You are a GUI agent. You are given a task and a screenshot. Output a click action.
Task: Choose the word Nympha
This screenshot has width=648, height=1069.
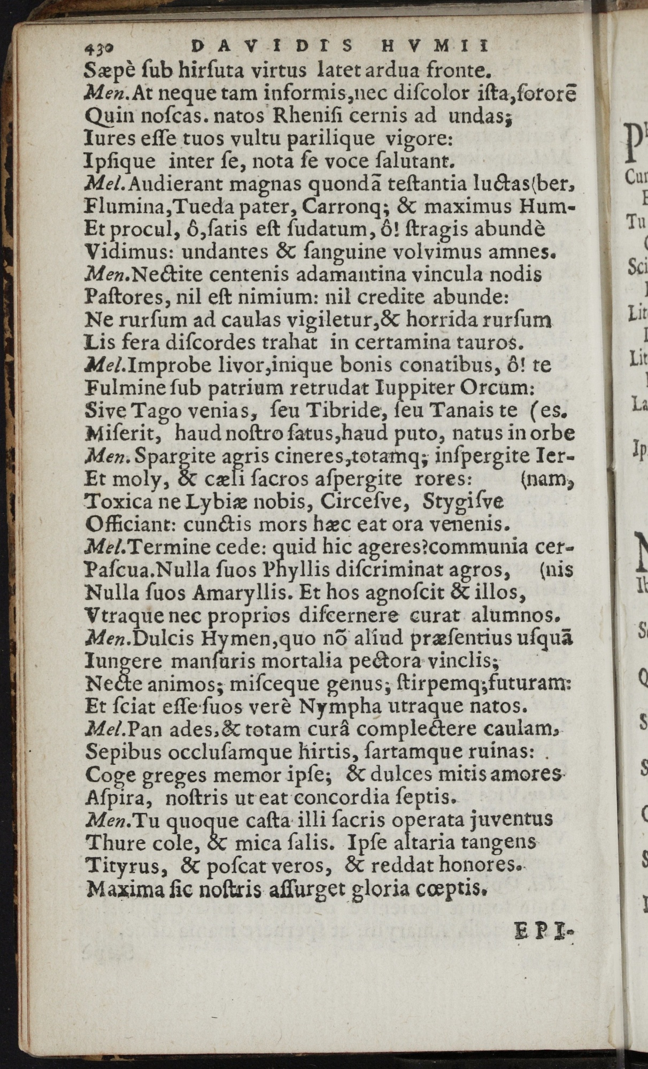[340, 708]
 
